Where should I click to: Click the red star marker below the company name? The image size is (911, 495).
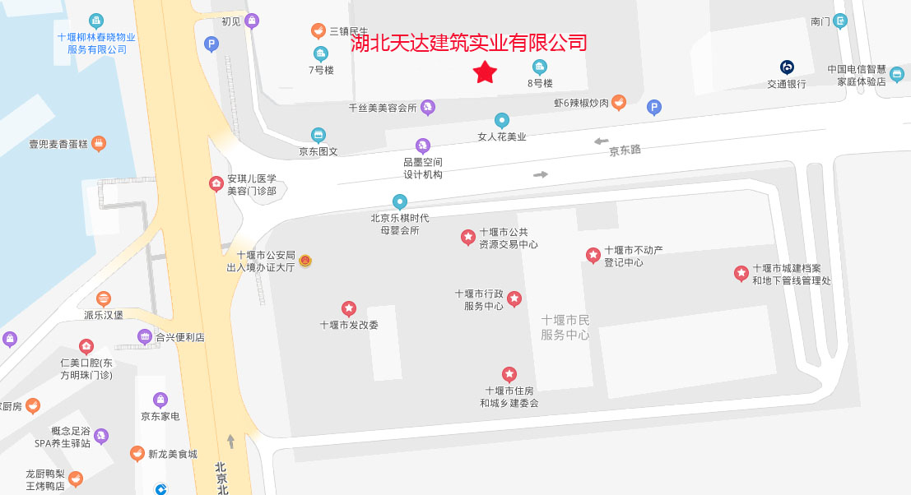pyautogui.click(x=486, y=73)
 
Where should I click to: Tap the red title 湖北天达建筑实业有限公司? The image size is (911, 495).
pyautogui.click(x=469, y=43)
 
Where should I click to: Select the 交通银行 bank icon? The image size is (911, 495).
pyautogui.click(x=787, y=67)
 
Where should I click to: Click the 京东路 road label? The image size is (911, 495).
pyautogui.click(x=625, y=150)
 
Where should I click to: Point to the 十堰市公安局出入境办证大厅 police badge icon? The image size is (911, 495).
pyautogui.click(x=305, y=261)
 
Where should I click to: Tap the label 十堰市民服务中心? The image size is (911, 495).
pyautogui.click(x=565, y=327)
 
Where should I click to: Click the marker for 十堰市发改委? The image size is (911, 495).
pyautogui.click(x=349, y=308)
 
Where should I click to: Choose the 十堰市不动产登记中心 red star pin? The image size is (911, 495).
pyautogui.click(x=593, y=256)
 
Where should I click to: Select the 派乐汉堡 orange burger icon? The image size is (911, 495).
pyautogui.click(x=103, y=299)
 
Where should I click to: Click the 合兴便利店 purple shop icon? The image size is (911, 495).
pyautogui.click(x=145, y=336)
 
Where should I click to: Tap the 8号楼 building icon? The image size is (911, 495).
pyautogui.click(x=540, y=67)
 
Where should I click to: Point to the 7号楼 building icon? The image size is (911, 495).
pyautogui.click(x=321, y=53)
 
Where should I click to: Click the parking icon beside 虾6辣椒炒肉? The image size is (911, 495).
pyautogui.click(x=653, y=107)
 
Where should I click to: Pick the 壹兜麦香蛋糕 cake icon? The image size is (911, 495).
pyautogui.click(x=99, y=143)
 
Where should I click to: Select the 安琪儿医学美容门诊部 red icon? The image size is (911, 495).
pyautogui.click(x=216, y=183)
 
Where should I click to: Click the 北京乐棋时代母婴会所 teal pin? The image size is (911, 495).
pyautogui.click(x=400, y=201)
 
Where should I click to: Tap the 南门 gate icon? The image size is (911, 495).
pyautogui.click(x=839, y=21)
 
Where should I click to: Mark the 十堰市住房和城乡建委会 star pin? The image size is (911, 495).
pyautogui.click(x=509, y=375)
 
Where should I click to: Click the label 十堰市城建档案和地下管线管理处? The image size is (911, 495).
pyautogui.click(x=792, y=275)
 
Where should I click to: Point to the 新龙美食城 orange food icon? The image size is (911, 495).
pyautogui.click(x=137, y=454)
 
